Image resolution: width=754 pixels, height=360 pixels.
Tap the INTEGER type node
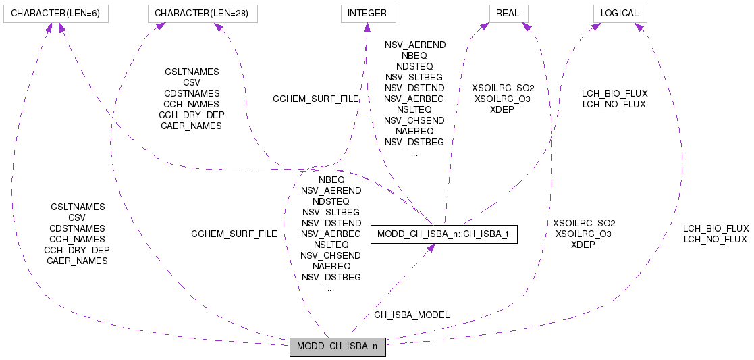(x=367, y=13)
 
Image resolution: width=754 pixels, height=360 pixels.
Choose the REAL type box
(x=508, y=13)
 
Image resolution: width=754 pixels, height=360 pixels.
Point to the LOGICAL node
(x=620, y=13)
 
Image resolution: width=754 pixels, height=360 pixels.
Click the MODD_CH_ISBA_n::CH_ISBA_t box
(x=444, y=234)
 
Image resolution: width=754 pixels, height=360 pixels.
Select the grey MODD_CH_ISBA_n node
(x=338, y=348)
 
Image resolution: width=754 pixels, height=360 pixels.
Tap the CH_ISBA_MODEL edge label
(x=411, y=315)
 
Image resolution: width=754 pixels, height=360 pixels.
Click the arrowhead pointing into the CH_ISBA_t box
(x=429, y=249)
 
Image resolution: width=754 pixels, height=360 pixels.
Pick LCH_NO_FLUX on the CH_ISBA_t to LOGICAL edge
(x=614, y=104)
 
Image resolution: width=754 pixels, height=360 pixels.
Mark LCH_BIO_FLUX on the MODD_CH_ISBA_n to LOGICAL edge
(x=716, y=228)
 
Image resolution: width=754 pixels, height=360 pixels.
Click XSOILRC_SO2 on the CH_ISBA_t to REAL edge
(x=502, y=88)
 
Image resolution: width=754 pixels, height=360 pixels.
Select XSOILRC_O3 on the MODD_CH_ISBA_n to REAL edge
(x=583, y=234)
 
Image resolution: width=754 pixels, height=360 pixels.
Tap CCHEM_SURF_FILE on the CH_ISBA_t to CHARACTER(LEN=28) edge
(x=315, y=99)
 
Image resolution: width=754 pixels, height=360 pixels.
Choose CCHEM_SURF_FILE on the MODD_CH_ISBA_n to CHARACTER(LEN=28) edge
(x=234, y=234)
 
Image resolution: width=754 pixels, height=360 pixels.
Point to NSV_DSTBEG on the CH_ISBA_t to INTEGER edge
(x=414, y=142)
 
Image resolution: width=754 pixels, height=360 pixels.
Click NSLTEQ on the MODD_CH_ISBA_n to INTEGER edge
(x=331, y=245)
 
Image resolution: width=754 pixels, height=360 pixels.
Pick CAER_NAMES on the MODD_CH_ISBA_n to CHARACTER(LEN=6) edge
(x=77, y=261)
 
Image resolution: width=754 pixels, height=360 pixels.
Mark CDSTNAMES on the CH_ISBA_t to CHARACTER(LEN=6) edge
(x=192, y=93)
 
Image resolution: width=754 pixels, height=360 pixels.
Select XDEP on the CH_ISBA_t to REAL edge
(x=502, y=109)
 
